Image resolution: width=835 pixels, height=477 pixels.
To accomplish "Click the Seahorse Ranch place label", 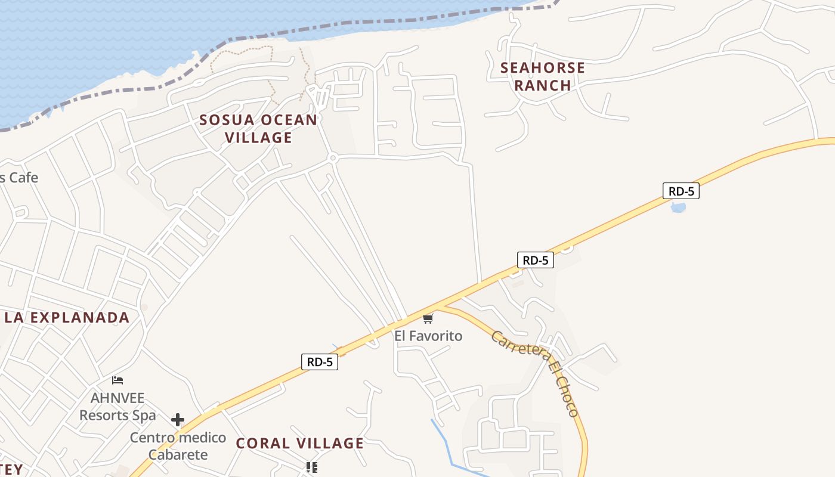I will click(x=542, y=76).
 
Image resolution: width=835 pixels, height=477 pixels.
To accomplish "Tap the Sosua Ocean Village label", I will click(x=258, y=128).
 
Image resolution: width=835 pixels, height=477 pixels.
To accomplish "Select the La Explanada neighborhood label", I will click(x=67, y=317).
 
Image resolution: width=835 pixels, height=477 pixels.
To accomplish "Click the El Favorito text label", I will click(x=428, y=336).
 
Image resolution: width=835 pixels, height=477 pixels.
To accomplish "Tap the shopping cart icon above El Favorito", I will click(x=428, y=319).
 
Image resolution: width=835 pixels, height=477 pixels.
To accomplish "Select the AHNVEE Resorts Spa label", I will click(x=117, y=406).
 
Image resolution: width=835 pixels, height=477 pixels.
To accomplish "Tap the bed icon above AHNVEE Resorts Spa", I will click(x=117, y=380).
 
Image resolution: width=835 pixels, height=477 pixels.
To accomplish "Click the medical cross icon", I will click(x=178, y=420).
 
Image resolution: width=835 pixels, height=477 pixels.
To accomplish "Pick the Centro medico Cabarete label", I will click(x=178, y=446).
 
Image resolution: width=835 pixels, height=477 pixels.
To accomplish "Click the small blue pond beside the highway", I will click(x=678, y=207).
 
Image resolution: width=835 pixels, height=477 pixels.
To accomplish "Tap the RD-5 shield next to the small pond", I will click(x=681, y=191).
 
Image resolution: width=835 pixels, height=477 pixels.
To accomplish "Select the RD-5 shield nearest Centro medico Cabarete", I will click(x=320, y=362).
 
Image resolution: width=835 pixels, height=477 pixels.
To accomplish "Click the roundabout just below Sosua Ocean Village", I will click(x=333, y=157).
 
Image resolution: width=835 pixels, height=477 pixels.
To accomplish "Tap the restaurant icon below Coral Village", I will click(x=311, y=467).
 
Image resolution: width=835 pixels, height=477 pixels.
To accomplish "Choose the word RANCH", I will click(x=543, y=85).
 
